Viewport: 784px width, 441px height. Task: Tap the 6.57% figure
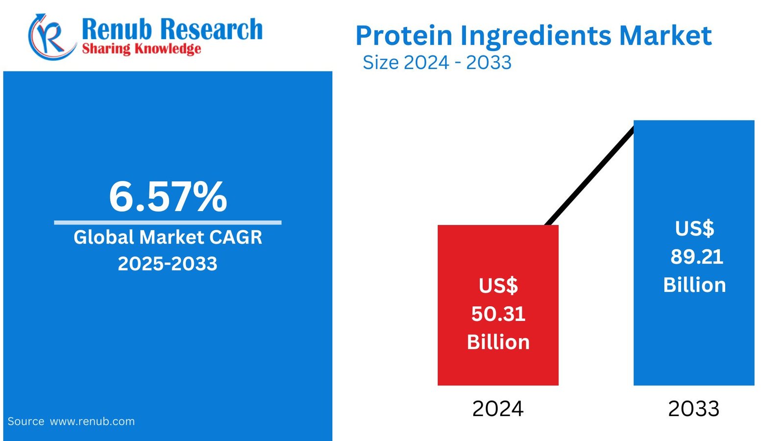pyautogui.click(x=168, y=197)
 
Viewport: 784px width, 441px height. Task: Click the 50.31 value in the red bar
pyautogui.click(x=498, y=314)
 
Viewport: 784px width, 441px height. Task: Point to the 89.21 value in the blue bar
pyautogui.click(x=696, y=257)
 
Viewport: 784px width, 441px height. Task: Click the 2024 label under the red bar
pyautogui.click(x=498, y=409)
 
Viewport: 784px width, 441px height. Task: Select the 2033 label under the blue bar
pyautogui.click(x=694, y=409)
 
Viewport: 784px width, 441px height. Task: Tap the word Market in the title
pyautogui.click(x=665, y=36)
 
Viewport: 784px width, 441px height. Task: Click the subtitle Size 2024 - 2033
pyautogui.click(x=437, y=63)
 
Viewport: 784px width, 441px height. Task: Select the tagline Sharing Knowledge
pyautogui.click(x=141, y=49)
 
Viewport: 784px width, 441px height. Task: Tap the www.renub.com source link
pyautogui.click(x=92, y=421)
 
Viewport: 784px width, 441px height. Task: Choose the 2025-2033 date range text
pyautogui.click(x=168, y=264)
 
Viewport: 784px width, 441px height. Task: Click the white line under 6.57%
pyautogui.click(x=168, y=222)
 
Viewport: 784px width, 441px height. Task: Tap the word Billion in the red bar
pyautogui.click(x=498, y=342)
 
